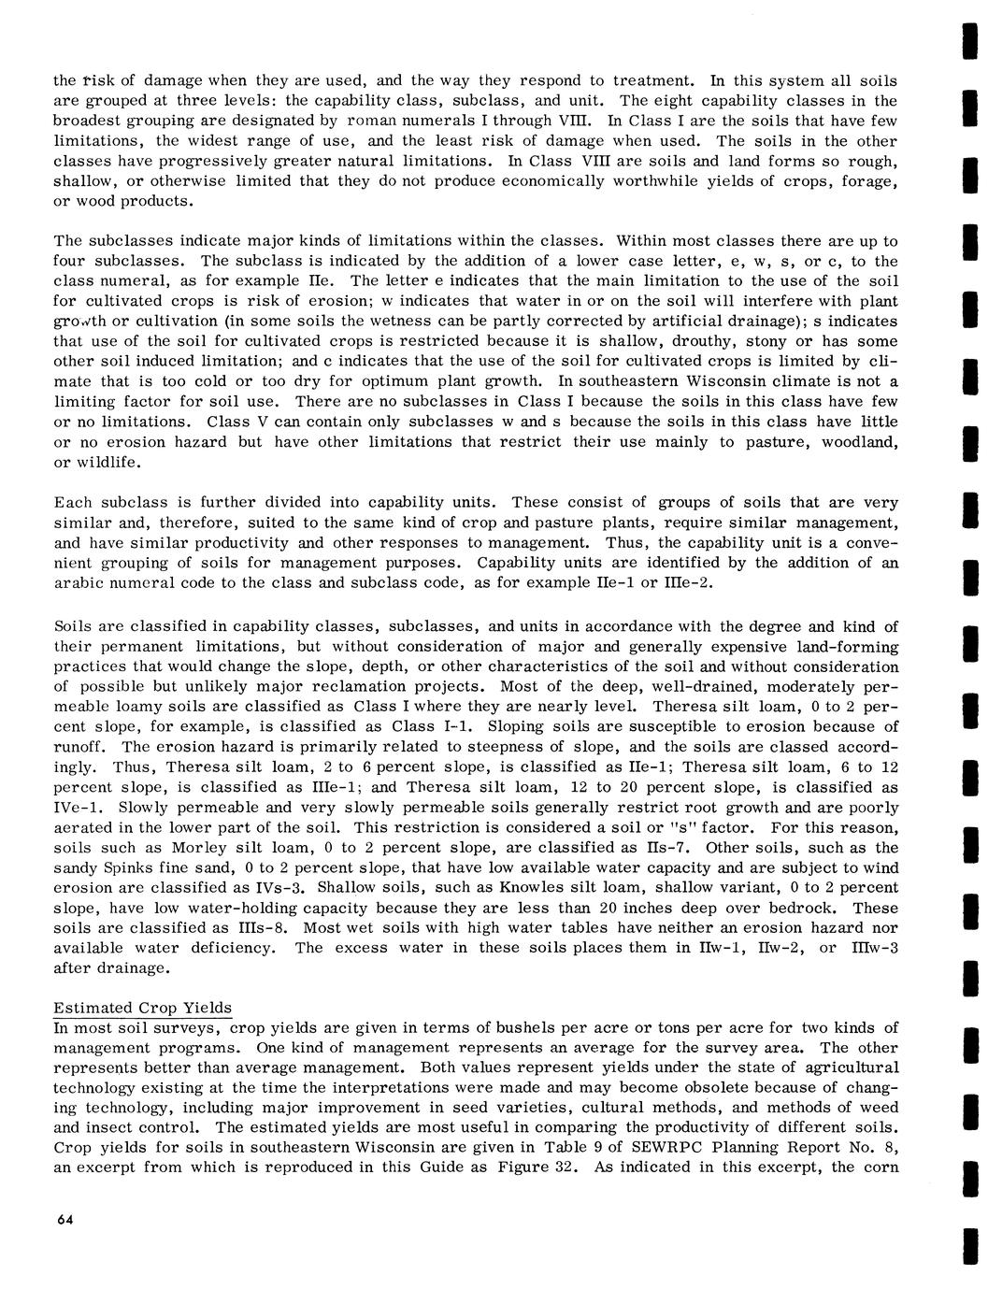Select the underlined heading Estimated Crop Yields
(143, 1008)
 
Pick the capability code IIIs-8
(256, 928)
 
